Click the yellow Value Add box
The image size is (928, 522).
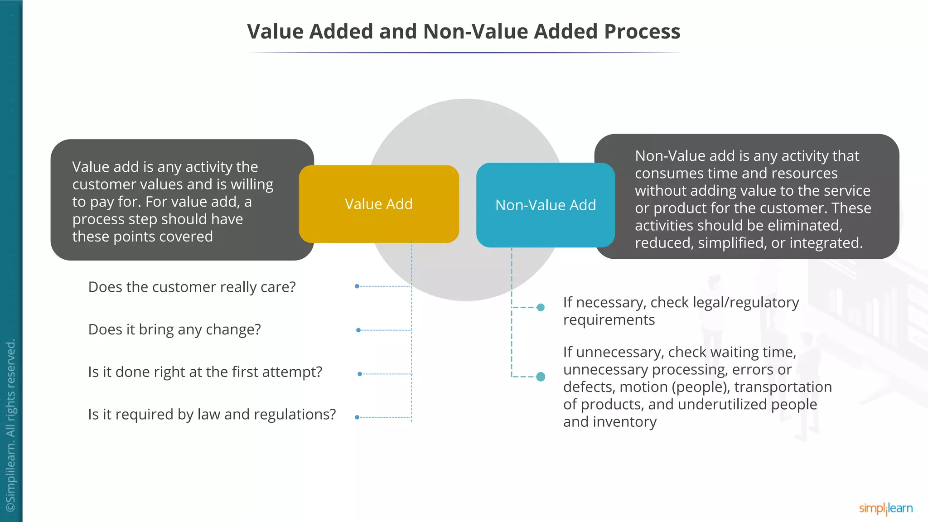tap(379, 204)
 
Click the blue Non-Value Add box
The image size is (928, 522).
tap(546, 205)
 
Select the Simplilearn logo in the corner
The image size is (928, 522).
tap(885, 508)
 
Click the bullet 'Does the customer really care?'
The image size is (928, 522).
tap(192, 287)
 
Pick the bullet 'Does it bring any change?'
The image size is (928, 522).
tap(174, 329)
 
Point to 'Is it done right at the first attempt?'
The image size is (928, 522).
tap(205, 372)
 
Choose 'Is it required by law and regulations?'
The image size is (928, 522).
tap(212, 414)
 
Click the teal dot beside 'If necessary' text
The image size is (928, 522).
tap(541, 308)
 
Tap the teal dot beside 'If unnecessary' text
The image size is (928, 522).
tap(541, 377)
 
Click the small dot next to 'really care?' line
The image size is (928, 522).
tap(357, 286)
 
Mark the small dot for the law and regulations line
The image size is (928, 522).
tap(357, 417)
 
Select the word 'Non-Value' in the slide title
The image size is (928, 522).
tap(475, 32)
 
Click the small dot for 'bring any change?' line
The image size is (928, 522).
tap(358, 330)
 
